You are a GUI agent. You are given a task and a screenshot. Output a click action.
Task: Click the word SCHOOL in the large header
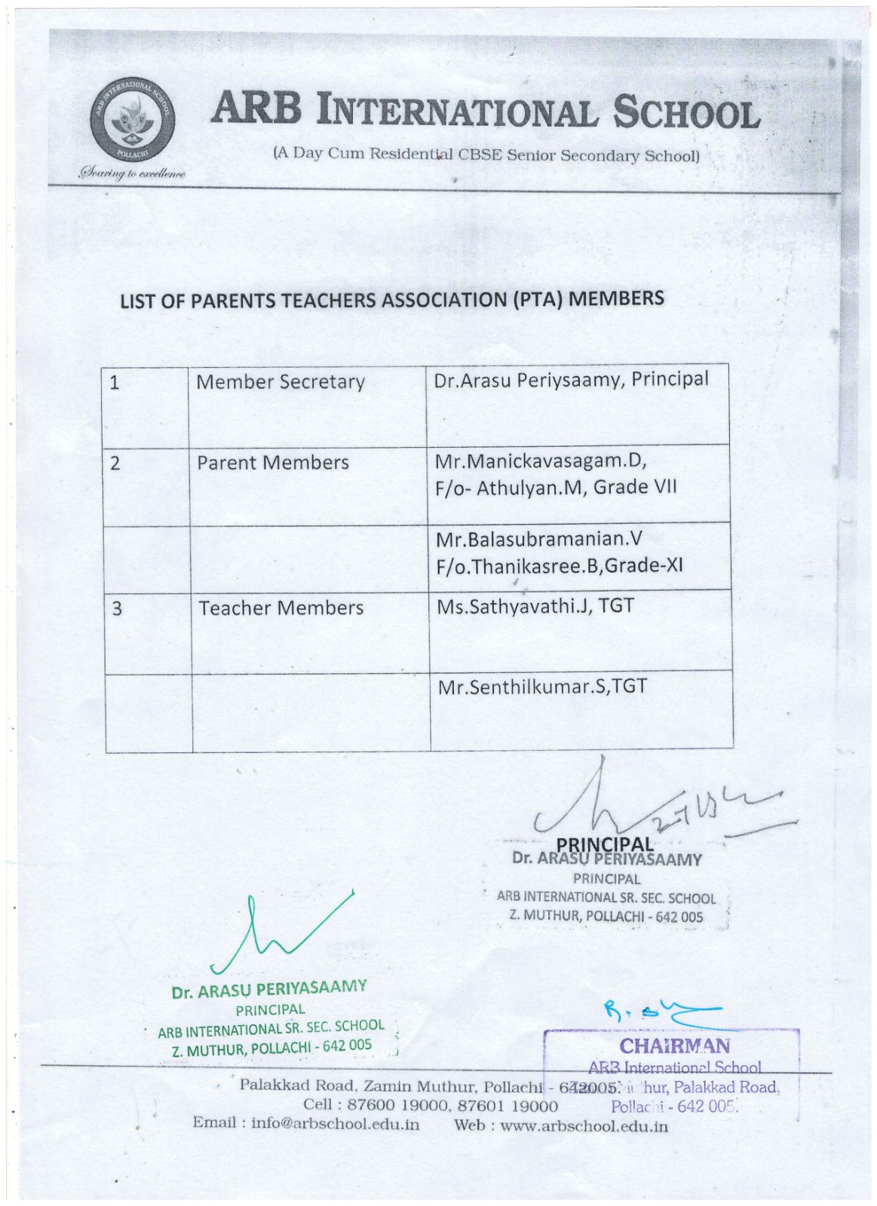(x=685, y=115)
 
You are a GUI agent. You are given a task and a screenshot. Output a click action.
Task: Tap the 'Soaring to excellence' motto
(x=133, y=174)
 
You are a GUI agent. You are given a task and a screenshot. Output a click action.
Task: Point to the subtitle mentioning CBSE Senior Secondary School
(x=486, y=155)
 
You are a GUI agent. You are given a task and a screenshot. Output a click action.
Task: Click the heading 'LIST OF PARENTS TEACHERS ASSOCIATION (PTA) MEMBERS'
(x=392, y=299)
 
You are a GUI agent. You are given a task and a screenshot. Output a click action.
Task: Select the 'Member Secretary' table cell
(x=280, y=382)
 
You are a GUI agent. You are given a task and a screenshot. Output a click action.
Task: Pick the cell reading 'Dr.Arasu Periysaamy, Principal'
(x=571, y=379)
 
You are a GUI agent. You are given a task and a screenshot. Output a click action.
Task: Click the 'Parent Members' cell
(x=272, y=463)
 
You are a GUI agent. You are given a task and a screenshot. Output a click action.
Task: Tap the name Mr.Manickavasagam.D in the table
(x=541, y=461)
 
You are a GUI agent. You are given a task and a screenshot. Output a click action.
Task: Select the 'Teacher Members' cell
(x=281, y=608)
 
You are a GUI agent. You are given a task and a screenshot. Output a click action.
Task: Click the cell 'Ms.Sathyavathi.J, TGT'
(x=535, y=606)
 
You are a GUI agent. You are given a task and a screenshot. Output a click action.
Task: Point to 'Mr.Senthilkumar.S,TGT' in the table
(x=541, y=687)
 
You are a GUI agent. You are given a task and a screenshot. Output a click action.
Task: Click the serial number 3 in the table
(x=116, y=608)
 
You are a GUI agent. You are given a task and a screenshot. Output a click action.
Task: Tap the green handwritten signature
(x=279, y=935)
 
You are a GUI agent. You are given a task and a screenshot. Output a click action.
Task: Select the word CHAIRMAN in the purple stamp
(x=674, y=1046)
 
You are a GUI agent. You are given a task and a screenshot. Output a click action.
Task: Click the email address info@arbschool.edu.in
(x=335, y=1123)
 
